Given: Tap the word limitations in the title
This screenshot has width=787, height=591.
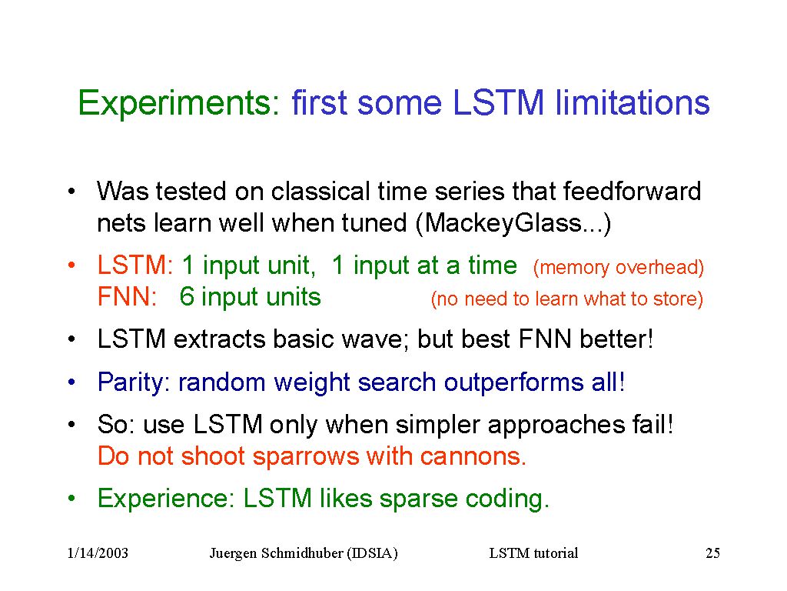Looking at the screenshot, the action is point(632,102).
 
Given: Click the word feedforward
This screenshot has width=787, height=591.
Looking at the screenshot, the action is point(632,191).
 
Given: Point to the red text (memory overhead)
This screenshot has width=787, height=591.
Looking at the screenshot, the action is point(619,267).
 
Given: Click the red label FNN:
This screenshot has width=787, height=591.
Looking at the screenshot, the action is point(127,296).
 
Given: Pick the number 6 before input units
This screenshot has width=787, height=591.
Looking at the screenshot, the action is point(187,296).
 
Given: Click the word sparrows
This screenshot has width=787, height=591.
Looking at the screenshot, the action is point(306,456).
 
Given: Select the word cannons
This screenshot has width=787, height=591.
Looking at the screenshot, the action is point(473,456).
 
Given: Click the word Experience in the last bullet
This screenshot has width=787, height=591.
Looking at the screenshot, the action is point(166,499).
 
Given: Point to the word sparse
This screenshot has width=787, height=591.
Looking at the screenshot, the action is point(418,499).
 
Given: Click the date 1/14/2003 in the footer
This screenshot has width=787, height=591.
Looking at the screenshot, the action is point(98,553).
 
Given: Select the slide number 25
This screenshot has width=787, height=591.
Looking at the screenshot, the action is point(712,553).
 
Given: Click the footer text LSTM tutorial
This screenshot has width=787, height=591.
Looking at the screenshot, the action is point(533,553).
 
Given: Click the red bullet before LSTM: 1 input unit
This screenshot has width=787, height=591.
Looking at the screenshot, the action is point(71,265).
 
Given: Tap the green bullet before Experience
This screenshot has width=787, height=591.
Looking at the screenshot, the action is point(71,498).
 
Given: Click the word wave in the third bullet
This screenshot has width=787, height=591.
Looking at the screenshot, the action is point(372,339).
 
